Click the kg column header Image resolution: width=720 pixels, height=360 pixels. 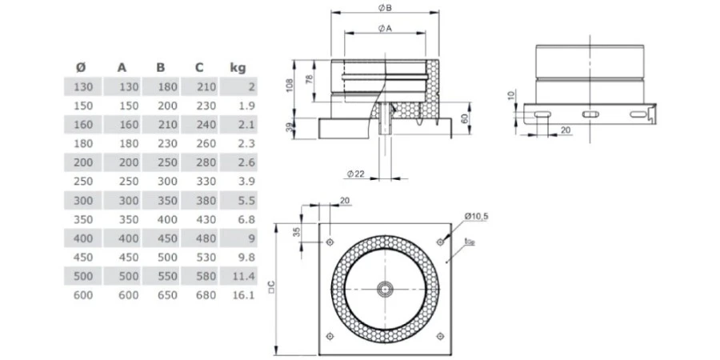tap(238, 67)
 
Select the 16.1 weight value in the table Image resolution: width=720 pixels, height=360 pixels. tap(242, 295)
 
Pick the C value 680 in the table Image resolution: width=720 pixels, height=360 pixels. tap(206, 295)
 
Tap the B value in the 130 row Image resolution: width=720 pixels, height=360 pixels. tap(167, 86)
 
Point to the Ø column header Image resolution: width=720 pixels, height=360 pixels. tap(81, 67)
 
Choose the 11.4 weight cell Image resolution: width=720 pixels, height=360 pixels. tap(242, 276)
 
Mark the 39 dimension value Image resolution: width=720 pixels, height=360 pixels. tap(291, 126)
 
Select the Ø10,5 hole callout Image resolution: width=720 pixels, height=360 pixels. tap(477, 214)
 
